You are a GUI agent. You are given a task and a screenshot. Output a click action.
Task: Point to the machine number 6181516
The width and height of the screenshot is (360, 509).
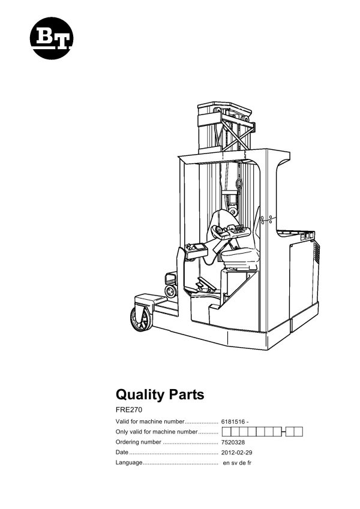pyautogui.click(x=235, y=421)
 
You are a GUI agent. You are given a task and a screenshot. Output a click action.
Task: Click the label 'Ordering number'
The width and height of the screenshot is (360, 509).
pyautogui.click(x=138, y=442)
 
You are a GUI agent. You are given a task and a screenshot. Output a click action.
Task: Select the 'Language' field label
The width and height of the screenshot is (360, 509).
pyautogui.click(x=129, y=463)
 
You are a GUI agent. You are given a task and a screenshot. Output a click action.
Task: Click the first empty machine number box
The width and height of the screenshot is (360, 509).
pyautogui.click(x=226, y=432)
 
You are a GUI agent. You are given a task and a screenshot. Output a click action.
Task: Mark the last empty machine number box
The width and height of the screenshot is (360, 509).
pyautogui.click(x=298, y=432)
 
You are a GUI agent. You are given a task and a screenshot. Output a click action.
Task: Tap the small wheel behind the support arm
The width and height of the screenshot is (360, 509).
pyautogui.click(x=171, y=291)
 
